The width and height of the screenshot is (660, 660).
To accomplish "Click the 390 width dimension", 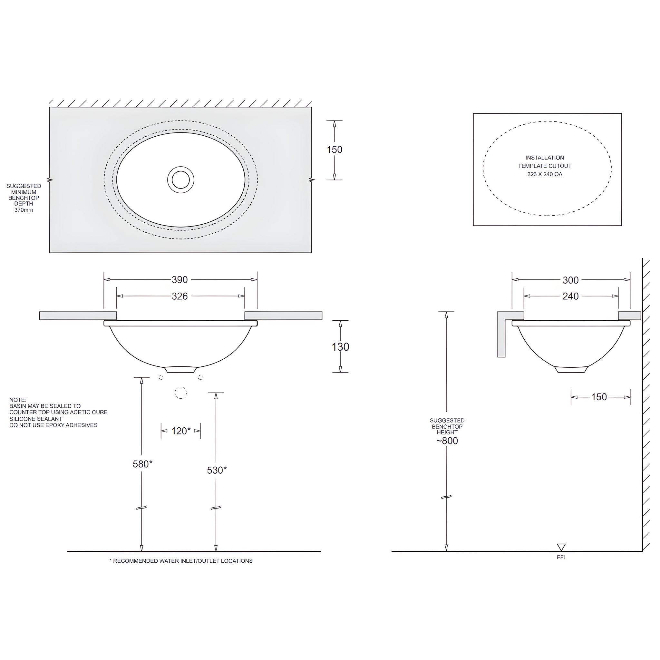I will tap(180, 280).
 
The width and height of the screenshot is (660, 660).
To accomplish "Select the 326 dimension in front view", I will tap(180, 296).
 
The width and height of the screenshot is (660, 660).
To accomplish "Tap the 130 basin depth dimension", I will tap(340, 347).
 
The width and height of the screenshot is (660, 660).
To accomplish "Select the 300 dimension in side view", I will tap(570, 280).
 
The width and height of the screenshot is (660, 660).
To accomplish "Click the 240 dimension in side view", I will tap(570, 296).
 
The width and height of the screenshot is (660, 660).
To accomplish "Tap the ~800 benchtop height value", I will tap(447, 441).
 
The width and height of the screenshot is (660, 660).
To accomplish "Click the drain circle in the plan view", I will tap(181, 180).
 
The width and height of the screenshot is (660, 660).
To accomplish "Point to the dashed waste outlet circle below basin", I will tap(181, 393).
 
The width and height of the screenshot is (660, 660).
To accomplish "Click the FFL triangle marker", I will tap(561, 547).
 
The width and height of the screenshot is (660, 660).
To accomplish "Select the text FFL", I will tap(562, 558).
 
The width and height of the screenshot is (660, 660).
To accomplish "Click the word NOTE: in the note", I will tap(18, 400).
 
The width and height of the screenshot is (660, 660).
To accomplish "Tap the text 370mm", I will tap(24, 210).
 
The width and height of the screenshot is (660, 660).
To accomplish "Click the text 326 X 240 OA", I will tap(545, 174).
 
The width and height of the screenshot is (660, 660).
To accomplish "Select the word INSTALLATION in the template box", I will tap(545, 158).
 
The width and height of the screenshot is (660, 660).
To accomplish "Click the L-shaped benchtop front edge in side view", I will tap(501, 338).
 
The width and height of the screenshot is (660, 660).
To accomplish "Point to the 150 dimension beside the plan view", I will tap(334, 150).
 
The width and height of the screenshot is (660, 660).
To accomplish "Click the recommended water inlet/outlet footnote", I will tap(181, 561).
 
